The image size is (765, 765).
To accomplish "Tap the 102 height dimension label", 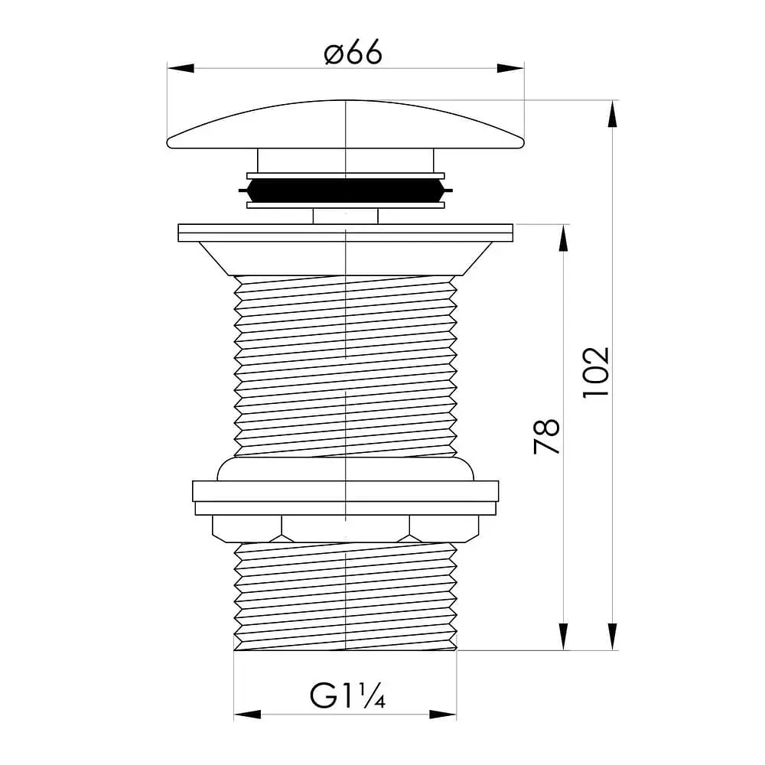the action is click(596, 373).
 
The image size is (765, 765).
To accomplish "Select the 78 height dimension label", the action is click(546, 436).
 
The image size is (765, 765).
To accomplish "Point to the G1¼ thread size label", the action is click(347, 695).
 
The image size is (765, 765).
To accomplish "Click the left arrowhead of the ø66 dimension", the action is click(181, 68).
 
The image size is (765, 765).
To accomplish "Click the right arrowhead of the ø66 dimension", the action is click(511, 68).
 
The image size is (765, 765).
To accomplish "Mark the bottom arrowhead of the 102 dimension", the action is click(612, 636).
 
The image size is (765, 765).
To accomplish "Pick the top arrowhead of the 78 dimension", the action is click(564, 238).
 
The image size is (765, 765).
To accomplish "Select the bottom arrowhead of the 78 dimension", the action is click(564, 636).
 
